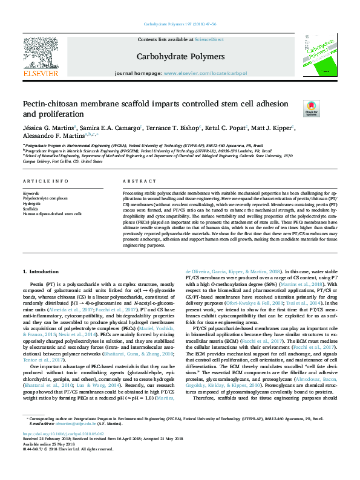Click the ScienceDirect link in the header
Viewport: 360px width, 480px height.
coord(209,39)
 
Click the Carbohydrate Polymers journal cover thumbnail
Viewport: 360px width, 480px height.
coord(316,55)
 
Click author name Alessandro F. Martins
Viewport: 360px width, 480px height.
coord(49,137)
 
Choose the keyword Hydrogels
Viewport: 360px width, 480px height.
coord(33,203)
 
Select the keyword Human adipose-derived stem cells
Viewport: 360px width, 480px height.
coord(52,214)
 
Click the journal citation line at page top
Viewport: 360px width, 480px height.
coord(180,24)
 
